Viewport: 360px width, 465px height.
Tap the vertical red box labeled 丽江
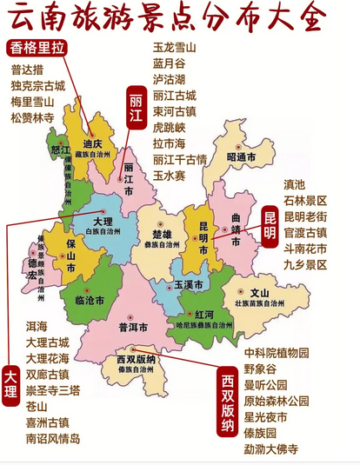137,107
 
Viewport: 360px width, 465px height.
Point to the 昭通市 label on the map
242,157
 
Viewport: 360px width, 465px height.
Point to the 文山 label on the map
260,293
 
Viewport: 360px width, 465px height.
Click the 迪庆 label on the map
92,144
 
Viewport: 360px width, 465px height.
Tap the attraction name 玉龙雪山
176,48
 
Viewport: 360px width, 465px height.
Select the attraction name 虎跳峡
170,127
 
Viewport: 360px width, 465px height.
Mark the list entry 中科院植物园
276,353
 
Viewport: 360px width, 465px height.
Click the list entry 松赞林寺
33,117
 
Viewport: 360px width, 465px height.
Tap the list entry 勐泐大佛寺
270,449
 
